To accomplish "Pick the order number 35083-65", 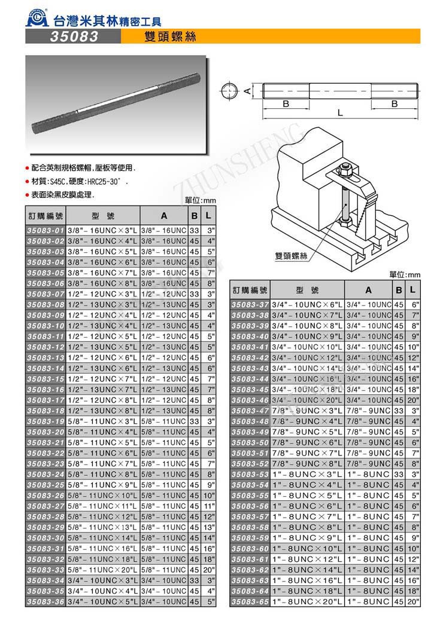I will (x=250, y=601).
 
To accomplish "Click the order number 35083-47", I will (x=250, y=412).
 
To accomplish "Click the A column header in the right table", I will (x=369, y=290).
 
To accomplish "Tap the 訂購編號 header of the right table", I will (x=250, y=290).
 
